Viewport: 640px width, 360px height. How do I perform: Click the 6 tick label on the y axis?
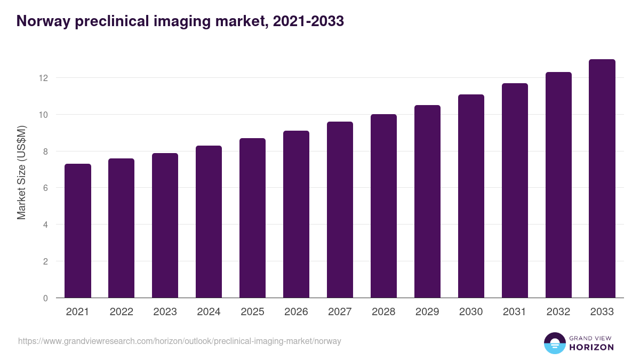click(45, 188)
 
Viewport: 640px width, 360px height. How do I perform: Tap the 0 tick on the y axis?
click(45, 298)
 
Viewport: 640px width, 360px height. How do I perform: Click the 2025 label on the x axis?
click(252, 312)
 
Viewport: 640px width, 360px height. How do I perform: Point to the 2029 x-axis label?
click(427, 312)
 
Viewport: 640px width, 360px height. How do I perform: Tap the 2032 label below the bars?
click(558, 312)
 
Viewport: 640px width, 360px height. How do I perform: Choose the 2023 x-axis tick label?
click(165, 312)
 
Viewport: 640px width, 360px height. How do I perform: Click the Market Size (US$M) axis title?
click(21, 172)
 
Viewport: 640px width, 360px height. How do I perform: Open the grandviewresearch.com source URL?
click(180, 341)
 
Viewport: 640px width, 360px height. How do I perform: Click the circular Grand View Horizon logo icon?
click(554, 343)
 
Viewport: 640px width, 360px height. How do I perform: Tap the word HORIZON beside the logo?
click(591, 347)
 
